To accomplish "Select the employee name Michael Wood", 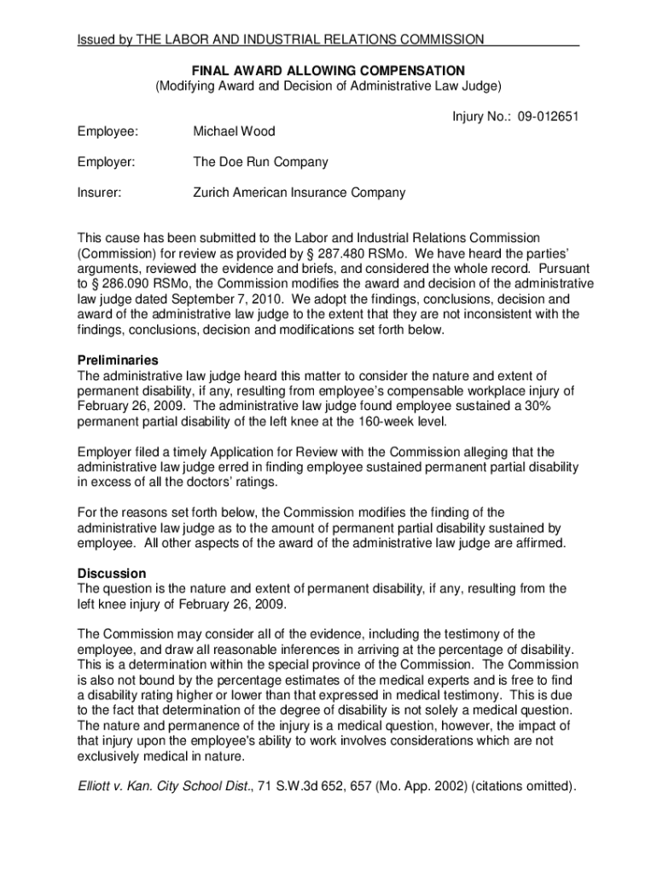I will [234, 132].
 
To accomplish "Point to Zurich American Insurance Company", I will [299, 193].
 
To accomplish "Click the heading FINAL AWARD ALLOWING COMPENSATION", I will [328, 70].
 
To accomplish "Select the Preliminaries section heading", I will [118, 361].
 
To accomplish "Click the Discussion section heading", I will [112, 574].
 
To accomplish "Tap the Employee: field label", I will [107, 132].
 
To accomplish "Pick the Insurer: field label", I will [99, 193].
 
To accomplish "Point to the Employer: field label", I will [106, 162].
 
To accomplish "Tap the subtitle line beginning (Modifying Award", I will [328, 85].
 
